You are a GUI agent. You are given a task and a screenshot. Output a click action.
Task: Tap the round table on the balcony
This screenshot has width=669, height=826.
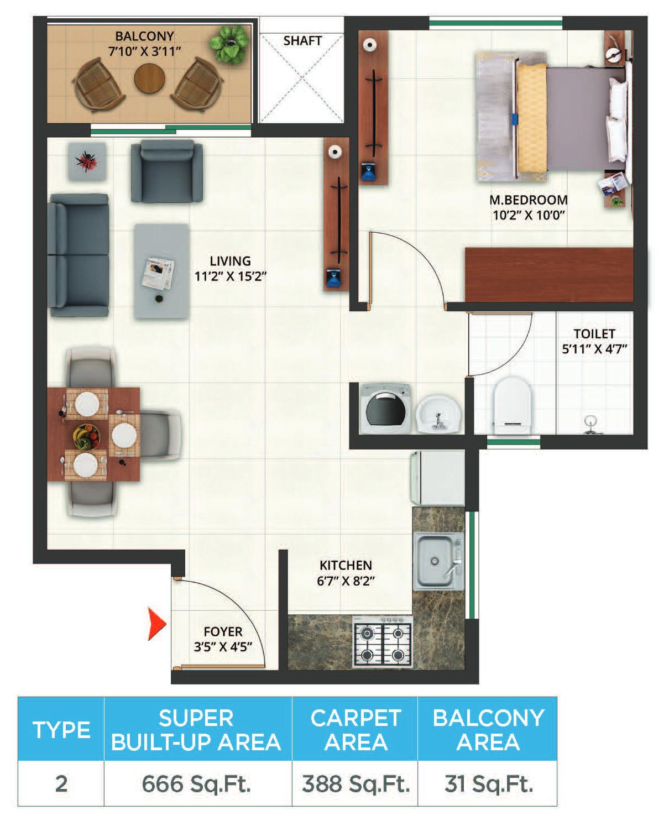click(x=149, y=79)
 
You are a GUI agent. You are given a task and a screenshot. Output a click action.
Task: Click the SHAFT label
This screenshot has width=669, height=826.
click(x=302, y=41)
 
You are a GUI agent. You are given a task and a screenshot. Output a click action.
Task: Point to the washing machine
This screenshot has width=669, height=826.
click(x=386, y=408)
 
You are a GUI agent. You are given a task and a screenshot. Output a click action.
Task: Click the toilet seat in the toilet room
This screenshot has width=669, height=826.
click(x=512, y=404)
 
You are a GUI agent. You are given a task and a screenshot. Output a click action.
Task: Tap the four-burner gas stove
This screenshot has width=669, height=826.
click(x=383, y=643)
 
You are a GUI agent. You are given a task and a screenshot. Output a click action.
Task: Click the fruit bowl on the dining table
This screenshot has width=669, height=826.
click(x=87, y=436)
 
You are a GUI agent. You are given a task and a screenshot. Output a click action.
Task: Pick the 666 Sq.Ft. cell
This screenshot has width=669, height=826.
click(x=197, y=783)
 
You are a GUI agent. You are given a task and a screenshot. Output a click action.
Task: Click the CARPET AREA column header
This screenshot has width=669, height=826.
click(x=356, y=729)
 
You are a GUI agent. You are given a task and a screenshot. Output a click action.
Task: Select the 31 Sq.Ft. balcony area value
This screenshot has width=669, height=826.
click(x=488, y=783)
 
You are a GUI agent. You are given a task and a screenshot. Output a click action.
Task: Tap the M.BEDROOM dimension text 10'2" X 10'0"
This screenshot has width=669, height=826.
click(x=528, y=216)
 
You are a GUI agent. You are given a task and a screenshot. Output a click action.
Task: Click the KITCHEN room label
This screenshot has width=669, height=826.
click(x=346, y=565)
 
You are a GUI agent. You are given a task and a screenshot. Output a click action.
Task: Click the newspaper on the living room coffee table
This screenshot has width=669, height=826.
click(x=159, y=273)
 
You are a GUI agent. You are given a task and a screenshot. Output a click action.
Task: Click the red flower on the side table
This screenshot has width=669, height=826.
click(x=86, y=160)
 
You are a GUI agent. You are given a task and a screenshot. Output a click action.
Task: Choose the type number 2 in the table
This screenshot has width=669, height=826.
click(x=61, y=783)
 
